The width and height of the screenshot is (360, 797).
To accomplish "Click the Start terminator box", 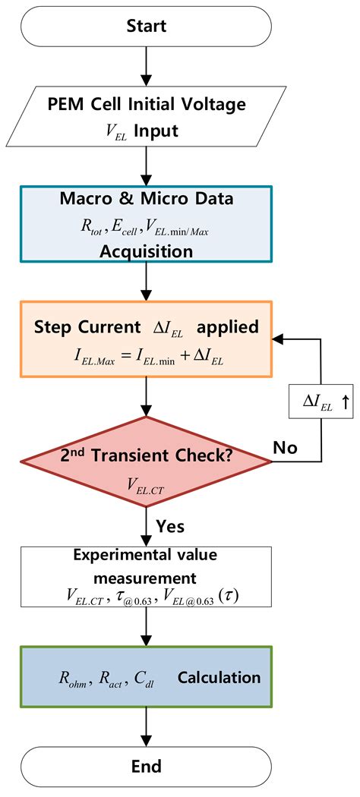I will pyautogui.click(x=145, y=26).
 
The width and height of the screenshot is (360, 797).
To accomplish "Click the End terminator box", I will pyautogui.click(x=145, y=767).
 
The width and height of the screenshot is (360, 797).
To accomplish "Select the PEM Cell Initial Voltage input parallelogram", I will pyautogui.click(x=145, y=118).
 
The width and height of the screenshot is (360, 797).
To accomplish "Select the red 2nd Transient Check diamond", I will pyautogui.click(x=145, y=463).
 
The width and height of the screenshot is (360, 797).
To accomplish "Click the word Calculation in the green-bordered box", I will pyautogui.click(x=219, y=678).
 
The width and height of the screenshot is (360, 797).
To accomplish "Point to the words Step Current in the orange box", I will pyautogui.click(x=83, y=327).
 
